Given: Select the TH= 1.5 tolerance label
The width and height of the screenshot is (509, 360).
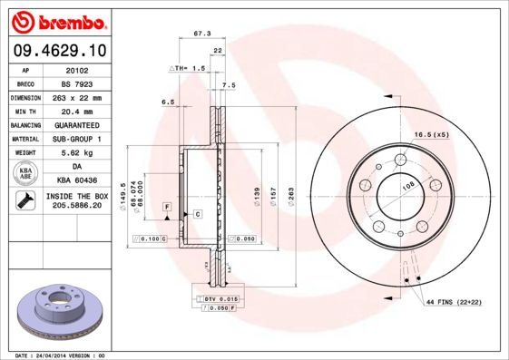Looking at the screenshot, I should click(x=188, y=68).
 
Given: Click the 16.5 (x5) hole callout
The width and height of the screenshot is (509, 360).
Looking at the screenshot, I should click(x=431, y=135).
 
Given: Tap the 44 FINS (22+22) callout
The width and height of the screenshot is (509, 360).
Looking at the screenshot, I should click(x=451, y=300).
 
